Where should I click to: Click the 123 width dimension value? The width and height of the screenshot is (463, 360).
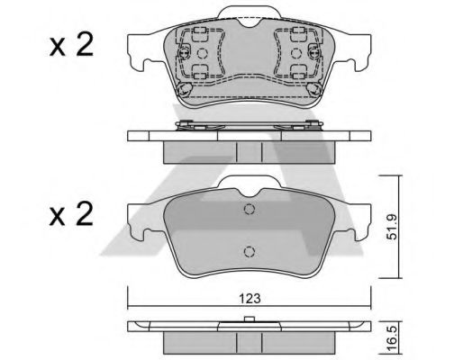click(250, 298)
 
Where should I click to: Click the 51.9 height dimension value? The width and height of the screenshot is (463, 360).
click(392, 227)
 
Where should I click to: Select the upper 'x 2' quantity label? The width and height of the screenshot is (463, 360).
click(71, 46)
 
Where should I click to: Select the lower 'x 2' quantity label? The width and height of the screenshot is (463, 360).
click(71, 215)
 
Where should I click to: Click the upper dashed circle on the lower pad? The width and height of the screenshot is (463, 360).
click(250, 209)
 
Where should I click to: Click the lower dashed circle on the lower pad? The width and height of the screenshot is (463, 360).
click(250, 252)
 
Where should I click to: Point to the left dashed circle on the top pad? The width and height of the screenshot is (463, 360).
click(202, 53)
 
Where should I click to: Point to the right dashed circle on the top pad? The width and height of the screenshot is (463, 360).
click(296, 53)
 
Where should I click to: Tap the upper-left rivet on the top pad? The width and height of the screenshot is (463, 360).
click(184, 53)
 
